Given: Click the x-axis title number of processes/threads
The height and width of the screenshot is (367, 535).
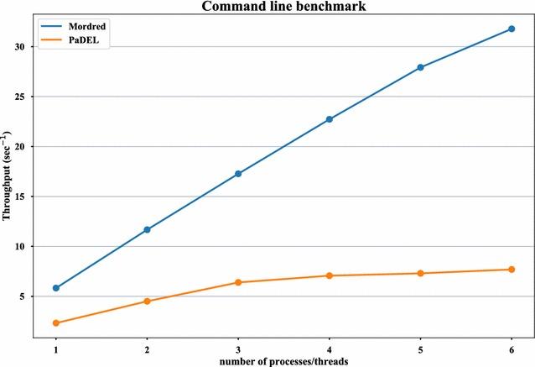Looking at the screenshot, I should tap(283, 360).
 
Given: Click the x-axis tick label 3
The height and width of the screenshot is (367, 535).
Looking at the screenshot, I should tap(238, 345).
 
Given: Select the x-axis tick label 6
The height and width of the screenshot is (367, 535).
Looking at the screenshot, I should tap(512, 345).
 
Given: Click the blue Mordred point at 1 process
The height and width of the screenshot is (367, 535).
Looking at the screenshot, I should tap(56, 288).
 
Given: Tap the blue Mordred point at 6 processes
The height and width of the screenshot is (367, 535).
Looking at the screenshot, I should tap(512, 29).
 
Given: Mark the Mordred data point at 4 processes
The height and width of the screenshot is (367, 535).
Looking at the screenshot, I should tap(330, 119).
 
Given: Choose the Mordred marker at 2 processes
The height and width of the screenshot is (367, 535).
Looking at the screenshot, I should tap(148, 229).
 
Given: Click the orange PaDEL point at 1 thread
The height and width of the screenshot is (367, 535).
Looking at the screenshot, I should tap(56, 323).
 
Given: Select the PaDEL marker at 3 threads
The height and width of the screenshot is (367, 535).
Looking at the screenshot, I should tap(238, 282).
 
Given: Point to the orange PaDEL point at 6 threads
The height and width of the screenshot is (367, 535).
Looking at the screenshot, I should tap(512, 270).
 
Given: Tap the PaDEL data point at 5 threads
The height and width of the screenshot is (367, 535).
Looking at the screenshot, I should tap(420, 273).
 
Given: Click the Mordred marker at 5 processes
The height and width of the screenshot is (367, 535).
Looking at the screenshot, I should tap(420, 67).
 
